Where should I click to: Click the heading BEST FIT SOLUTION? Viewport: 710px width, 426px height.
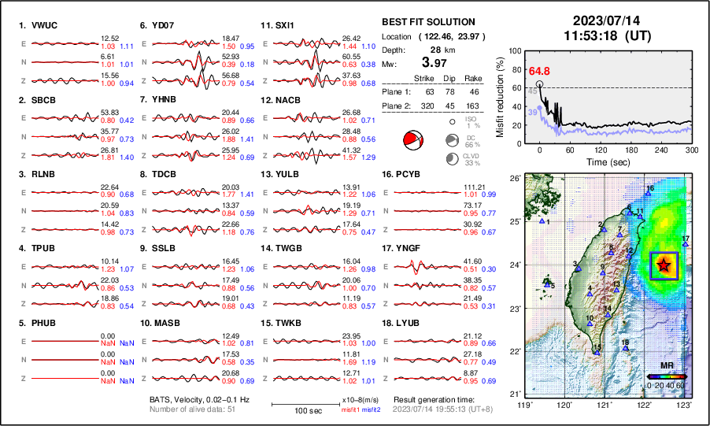427,22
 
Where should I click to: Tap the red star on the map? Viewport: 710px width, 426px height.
664,265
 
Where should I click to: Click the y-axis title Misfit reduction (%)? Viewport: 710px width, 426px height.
501,93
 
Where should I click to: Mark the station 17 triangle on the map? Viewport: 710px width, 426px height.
686,244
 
